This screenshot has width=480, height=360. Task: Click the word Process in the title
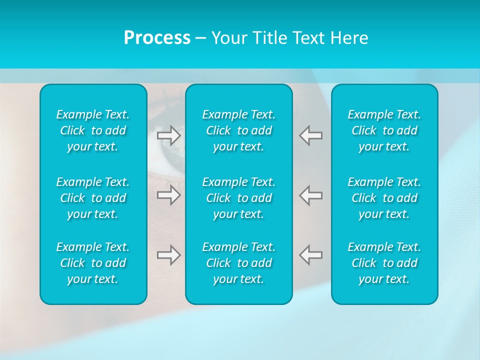point(157,38)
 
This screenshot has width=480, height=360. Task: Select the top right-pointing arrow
point(168,135)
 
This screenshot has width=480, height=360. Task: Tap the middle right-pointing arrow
point(168,195)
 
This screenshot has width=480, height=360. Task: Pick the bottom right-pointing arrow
point(168,255)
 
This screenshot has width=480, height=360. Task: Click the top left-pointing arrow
point(311,135)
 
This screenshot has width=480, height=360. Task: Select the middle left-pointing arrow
point(311,195)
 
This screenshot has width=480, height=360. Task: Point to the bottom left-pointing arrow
point(311,255)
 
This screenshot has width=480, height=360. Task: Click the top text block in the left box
point(93,130)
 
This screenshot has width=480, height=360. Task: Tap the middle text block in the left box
point(93,197)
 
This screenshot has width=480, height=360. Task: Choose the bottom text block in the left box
point(93,263)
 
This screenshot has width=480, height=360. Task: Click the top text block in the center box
point(238,130)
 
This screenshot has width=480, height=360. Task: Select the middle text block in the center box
point(238,197)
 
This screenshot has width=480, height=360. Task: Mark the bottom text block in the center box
point(238,263)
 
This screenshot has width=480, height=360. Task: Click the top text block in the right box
point(384,130)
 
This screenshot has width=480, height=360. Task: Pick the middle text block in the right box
point(384,197)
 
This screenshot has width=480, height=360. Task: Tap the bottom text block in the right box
point(384,263)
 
